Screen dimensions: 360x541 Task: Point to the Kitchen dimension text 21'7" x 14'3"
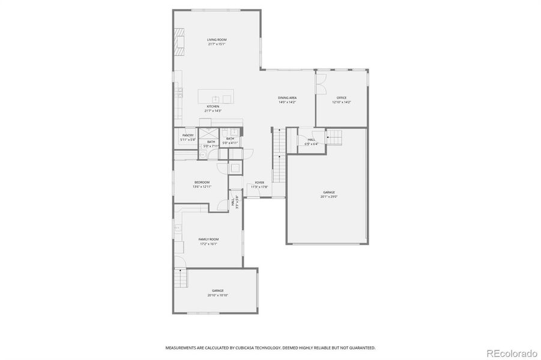point(213,111)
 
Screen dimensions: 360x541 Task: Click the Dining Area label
point(287,98)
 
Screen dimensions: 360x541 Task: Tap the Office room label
point(342,98)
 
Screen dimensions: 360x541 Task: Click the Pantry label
point(188,136)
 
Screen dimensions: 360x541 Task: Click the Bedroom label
point(202,182)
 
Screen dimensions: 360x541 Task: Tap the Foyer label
point(259,182)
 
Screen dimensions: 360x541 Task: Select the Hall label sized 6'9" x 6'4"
point(311,139)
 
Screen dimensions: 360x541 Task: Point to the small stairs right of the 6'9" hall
point(334,138)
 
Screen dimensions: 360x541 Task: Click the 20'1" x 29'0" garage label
point(328,193)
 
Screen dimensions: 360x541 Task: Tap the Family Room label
point(208,239)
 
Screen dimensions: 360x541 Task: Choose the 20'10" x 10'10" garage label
point(217,290)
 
